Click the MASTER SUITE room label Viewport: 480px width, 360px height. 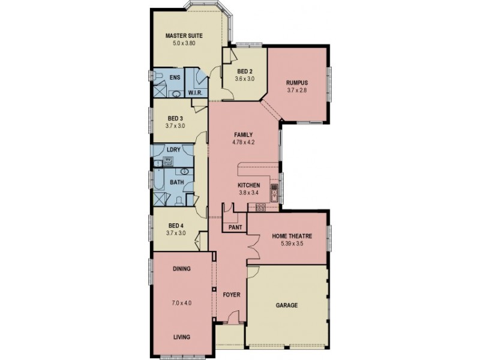(184, 35)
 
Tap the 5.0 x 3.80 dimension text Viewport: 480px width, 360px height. (184, 43)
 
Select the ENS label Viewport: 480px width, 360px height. (175, 78)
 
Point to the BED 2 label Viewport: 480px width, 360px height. (244, 71)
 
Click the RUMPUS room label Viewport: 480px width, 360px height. (296, 82)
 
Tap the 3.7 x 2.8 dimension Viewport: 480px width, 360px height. (296, 90)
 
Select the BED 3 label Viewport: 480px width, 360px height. (175, 118)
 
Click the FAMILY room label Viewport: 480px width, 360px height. (243, 134)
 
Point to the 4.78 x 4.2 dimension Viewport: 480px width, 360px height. (243, 143)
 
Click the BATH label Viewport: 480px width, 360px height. (176, 182)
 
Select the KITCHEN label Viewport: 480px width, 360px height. (248, 185)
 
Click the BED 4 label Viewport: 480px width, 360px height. (175, 226)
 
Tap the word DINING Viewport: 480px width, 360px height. (181, 269)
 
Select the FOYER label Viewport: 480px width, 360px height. (231, 295)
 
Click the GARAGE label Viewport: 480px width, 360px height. (287, 305)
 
